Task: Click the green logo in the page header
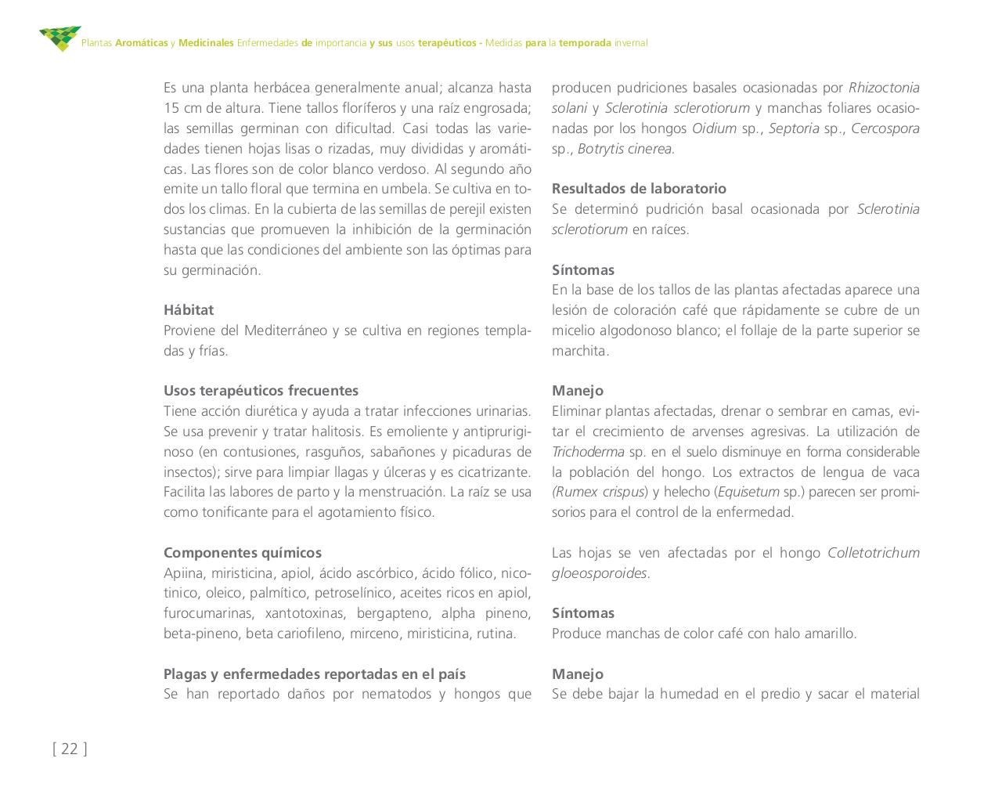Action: coord(59,38)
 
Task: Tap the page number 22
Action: coord(70,749)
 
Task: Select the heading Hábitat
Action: coord(189,310)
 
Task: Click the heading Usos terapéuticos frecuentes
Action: coord(261,391)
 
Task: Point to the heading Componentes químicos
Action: coord(243,553)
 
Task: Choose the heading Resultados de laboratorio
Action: coord(639,189)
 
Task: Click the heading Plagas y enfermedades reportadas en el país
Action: coord(315,674)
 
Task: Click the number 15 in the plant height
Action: coord(171,108)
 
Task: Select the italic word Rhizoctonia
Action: coord(884,88)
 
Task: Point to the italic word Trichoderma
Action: coord(588,452)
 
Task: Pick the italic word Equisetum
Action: coord(748,493)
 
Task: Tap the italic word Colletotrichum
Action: coord(874,553)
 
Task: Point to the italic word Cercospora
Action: coord(885,128)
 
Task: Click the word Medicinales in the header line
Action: coord(206,43)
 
